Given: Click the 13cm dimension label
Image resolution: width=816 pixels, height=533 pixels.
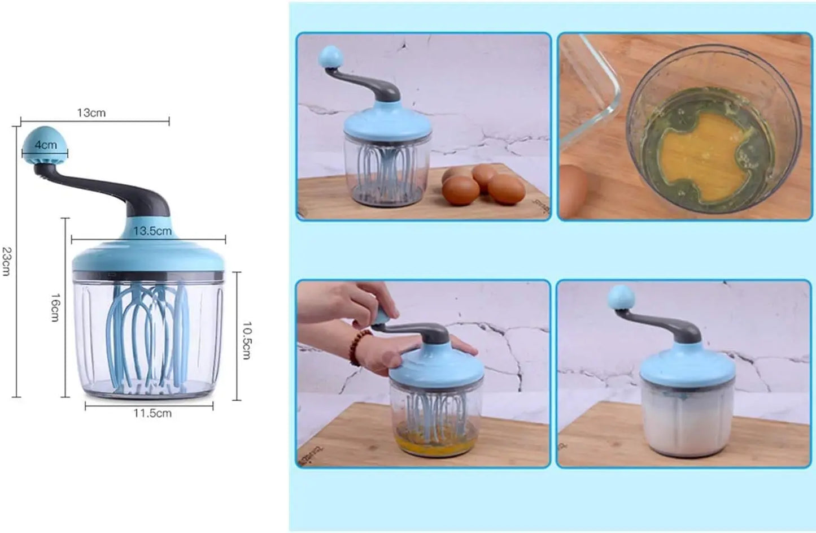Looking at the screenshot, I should tap(91, 113).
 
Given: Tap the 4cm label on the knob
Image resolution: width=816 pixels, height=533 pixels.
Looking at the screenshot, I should tap(46, 145).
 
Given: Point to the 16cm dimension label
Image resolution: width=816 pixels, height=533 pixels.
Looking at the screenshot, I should tap(55, 307).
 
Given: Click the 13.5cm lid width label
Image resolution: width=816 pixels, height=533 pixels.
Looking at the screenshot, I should tap(152, 231).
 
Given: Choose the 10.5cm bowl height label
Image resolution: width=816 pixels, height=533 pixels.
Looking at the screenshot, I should tap(247, 340).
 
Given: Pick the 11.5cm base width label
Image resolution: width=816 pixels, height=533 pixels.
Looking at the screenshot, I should tap(152, 413).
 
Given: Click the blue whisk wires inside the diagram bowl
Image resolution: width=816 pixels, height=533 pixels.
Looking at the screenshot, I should tap(150, 333).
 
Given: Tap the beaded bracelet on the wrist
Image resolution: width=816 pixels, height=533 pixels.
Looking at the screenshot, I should tap(361, 346).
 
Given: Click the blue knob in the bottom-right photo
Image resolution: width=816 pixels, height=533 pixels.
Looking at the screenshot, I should tap(621, 297).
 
